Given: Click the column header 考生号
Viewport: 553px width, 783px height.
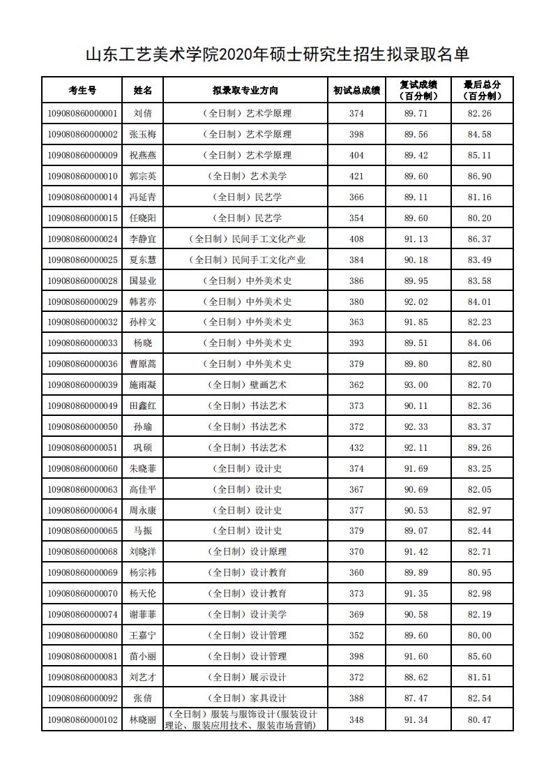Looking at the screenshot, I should pos(82,90).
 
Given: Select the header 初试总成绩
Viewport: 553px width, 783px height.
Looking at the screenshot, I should pos(356,90).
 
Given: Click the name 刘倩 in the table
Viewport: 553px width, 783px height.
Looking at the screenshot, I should pos(143,113).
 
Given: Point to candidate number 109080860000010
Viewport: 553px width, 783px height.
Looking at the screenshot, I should pos(82,176).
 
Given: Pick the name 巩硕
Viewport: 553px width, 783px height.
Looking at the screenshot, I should pos(143,447).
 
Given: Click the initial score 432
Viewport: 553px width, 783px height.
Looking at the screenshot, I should pos(356,447).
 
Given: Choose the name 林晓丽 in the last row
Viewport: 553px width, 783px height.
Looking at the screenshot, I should pos(143,719).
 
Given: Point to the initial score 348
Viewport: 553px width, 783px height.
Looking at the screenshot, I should pos(356,719).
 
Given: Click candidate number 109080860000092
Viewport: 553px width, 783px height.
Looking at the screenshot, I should pos(82,698).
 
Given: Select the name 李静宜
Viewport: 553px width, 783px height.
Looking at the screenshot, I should pos(143,239).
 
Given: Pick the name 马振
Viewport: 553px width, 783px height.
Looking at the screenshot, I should pos(143,531).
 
